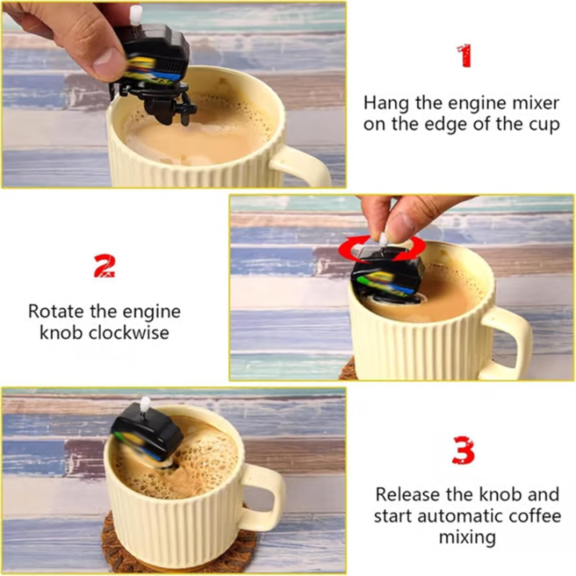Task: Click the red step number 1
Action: [x=464, y=56]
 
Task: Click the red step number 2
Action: [x=104, y=267]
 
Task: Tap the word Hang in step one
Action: [x=385, y=103]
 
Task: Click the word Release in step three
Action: [x=406, y=494]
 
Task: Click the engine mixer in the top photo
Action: [x=156, y=64]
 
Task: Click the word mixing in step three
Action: [x=467, y=538]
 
